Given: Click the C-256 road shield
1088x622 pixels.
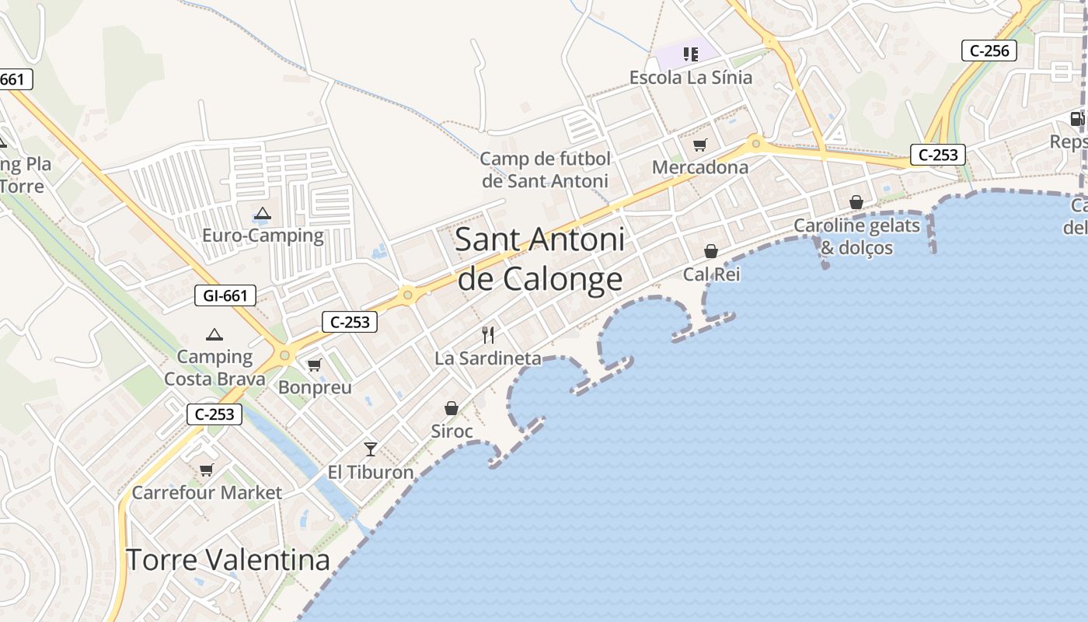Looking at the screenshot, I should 989,51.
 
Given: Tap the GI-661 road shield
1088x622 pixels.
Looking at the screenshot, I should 225,295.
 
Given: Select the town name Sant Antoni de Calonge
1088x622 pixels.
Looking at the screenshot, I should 540,259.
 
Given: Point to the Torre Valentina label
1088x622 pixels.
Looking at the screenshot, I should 228,560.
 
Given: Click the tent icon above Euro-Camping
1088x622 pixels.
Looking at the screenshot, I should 263,213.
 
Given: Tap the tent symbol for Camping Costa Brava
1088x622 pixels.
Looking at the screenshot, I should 214,335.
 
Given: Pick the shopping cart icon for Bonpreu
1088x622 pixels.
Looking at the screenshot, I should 314,365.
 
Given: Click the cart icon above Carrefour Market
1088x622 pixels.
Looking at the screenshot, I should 206,470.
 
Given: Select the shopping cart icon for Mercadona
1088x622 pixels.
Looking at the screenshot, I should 700,145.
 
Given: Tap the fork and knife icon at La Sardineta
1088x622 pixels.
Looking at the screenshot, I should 488,335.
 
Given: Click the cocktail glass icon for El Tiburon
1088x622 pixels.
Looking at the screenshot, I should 371,449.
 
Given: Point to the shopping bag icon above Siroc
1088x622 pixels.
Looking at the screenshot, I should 452,408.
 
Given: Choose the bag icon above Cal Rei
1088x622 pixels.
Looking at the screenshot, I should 711,251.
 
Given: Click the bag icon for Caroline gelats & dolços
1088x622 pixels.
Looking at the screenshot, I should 856,202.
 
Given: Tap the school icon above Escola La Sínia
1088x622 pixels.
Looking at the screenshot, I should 690,54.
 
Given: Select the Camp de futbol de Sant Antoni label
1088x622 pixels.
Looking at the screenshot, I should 545,170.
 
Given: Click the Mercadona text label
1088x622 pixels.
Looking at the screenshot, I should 700,167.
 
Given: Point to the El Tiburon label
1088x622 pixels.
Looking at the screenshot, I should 371,472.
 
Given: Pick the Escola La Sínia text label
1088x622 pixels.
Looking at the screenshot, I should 691,78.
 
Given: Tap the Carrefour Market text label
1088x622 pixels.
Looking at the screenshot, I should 207,492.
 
